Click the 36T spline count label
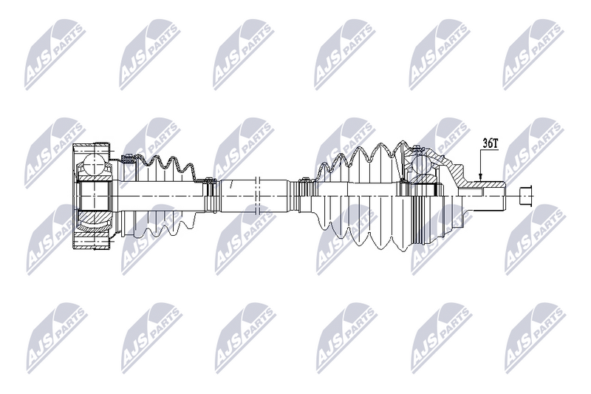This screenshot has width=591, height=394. pyautogui.click(x=490, y=143)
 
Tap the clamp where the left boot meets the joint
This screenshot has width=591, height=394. pyautogui.click(x=129, y=157)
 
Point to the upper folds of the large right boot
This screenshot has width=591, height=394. pyautogui.click(x=362, y=159)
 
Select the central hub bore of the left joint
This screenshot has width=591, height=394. pyautogui.click(x=95, y=196)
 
